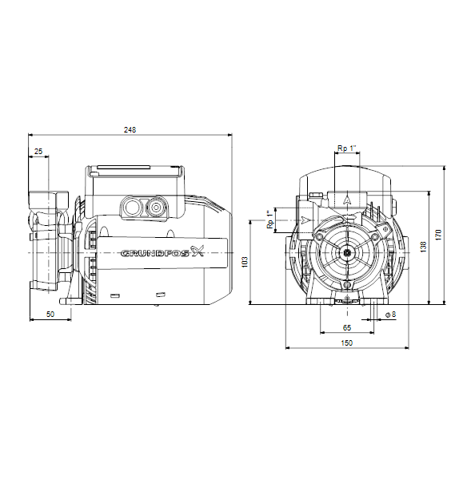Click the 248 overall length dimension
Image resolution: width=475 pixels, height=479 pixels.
click(x=130, y=130)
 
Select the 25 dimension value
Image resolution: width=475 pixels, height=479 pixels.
click(x=38, y=151)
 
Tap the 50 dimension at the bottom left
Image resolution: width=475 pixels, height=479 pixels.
click(x=50, y=314)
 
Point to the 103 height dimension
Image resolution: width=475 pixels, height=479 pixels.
click(x=245, y=262)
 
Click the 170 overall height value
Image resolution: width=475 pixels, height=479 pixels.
click(x=438, y=235)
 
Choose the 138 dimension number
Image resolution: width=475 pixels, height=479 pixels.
click(x=423, y=247)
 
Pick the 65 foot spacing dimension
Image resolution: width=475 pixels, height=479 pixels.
click(x=347, y=328)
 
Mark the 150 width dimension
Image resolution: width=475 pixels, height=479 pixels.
click(x=347, y=343)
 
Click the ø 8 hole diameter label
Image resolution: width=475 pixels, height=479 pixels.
click(x=390, y=314)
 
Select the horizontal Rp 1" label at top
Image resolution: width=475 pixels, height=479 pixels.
click(x=347, y=148)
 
